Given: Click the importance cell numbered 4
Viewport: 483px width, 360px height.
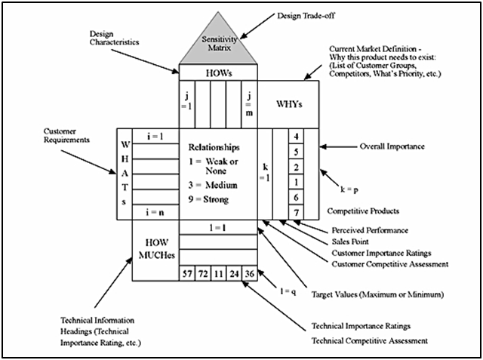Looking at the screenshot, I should coord(297,137).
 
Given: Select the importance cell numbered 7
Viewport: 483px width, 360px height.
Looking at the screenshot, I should coord(297,211).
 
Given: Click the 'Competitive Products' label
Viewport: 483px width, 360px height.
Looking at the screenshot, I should coord(362,211).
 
